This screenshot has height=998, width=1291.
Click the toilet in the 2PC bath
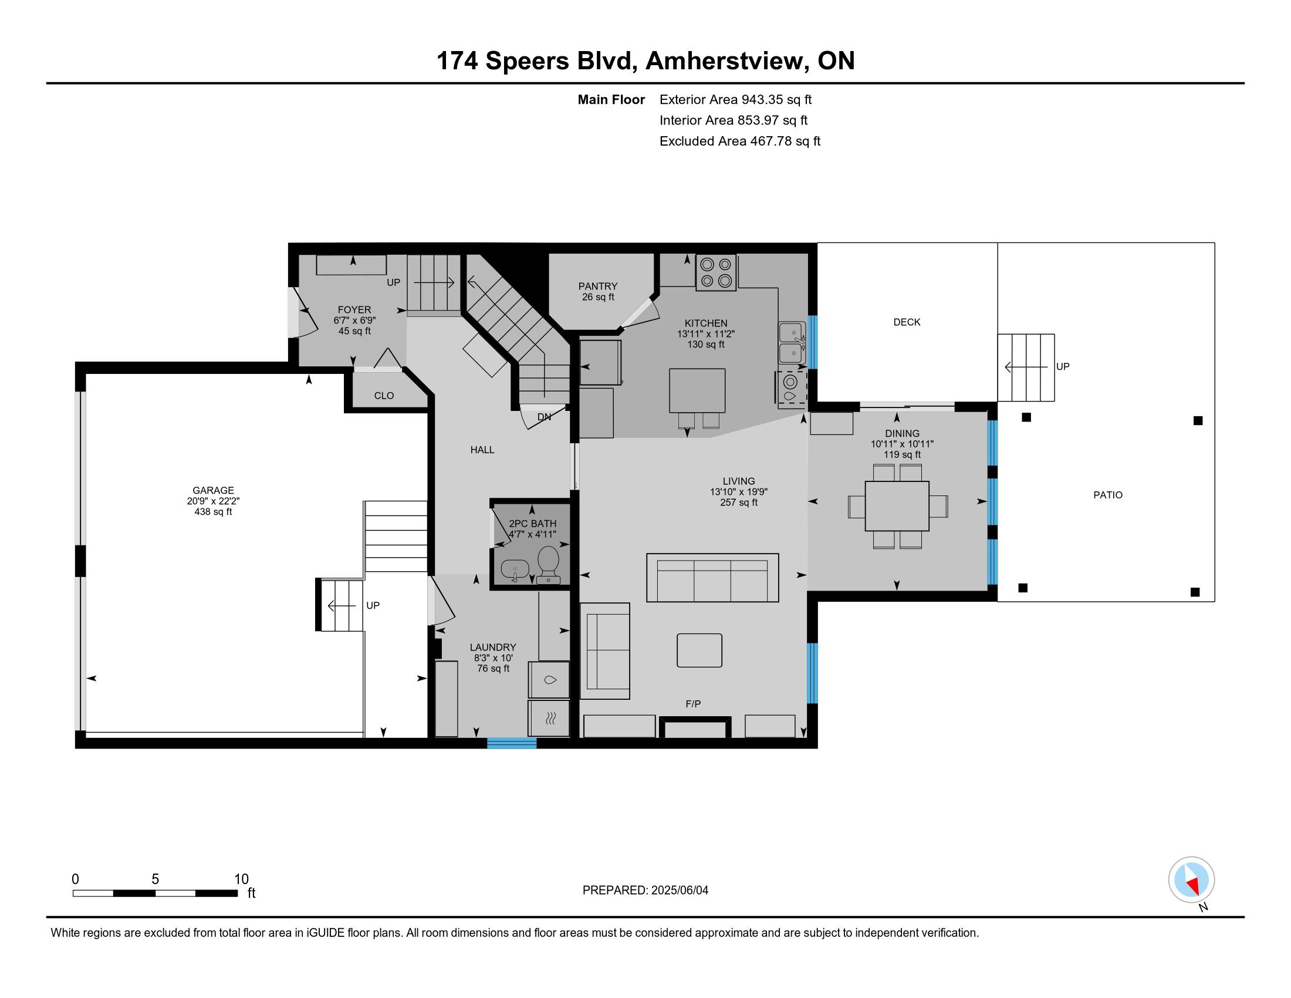[x=549, y=564]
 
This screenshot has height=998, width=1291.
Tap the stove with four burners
[x=716, y=272]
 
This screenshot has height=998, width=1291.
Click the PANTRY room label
[x=597, y=286]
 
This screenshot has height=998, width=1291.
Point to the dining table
[x=897, y=506]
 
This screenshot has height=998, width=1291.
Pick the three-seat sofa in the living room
[x=712, y=578]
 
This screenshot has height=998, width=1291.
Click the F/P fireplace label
[x=693, y=704]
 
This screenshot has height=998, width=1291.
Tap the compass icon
[x=1191, y=880]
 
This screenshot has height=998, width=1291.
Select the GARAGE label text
[x=213, y=490]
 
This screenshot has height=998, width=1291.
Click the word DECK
[x=907, y=322]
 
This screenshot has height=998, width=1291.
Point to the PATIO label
[x=1108, y=495]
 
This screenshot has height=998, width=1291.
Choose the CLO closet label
[x=384, y=396]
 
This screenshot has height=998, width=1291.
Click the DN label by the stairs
[x=544, y=417]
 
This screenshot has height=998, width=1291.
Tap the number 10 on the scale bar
[x=241, y=879]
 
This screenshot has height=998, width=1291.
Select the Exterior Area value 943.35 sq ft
[x=777, y=99]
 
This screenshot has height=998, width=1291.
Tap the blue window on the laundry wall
[x=512, y=743]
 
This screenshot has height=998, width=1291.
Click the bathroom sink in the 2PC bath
[x=515, y=570]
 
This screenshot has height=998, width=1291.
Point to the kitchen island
[x=697, y=390]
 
